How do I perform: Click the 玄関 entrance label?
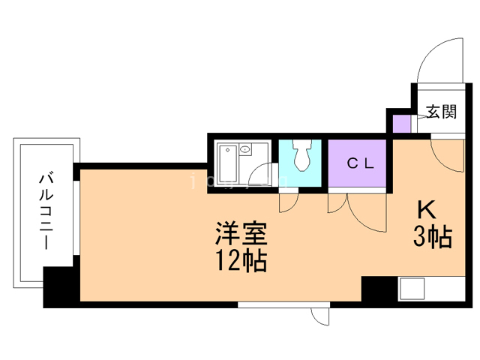pos(441,112)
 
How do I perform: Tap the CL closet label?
pos(357,163)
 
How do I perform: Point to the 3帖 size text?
pos(431,238)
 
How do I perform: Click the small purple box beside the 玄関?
pos(402,123)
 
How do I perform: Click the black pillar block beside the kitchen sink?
pos(379,289)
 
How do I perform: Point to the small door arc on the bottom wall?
pos(320,316)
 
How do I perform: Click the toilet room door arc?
pos(289,203)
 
